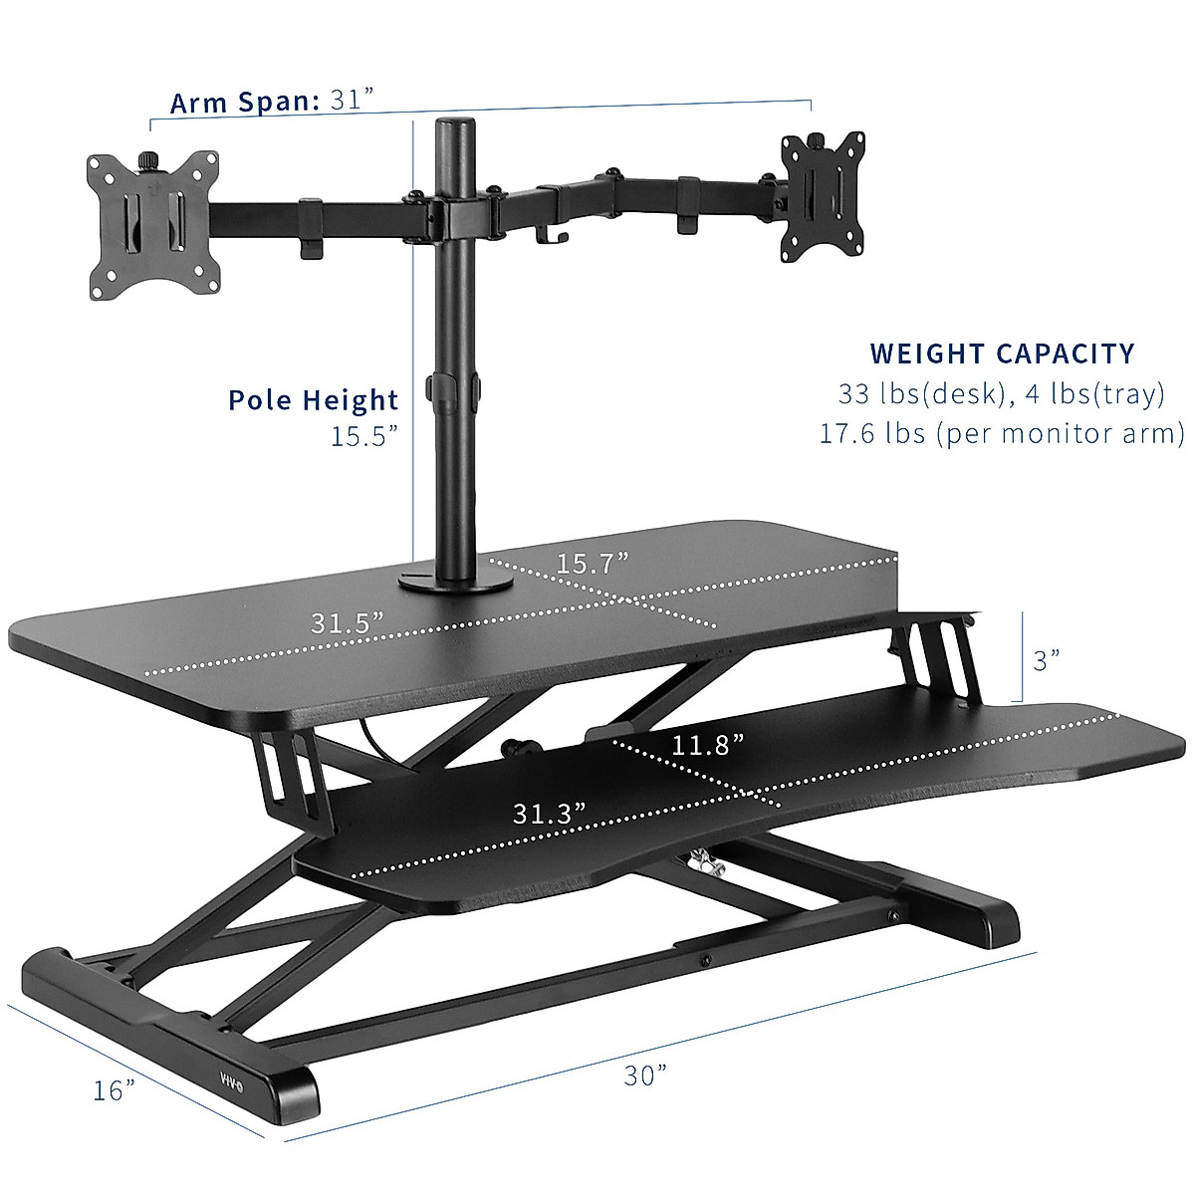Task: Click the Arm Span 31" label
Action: pyautogui.click(x=271, y=102)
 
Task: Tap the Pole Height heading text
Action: pyautogui.click(x=313, y=400)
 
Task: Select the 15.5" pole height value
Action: pyautogui.click(x=364, y=436)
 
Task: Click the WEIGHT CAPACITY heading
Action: pyautogui.click(x=1002, y=354)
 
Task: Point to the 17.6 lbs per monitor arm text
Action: pyautogui.click(x=1002, y=434)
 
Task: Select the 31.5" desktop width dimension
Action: pyautogui.click(x=348, y=624)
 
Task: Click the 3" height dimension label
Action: pyautogui.click(x=1046, y=660)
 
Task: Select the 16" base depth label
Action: pyautogui.click(x=115, y=1090)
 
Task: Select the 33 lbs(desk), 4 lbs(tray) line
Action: pyautogui.click(x=1002, y=394)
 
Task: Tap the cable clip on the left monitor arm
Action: pyautogui.click(x=310, y=231)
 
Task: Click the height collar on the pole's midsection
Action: pyautogui.click(x=453, y=387)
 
